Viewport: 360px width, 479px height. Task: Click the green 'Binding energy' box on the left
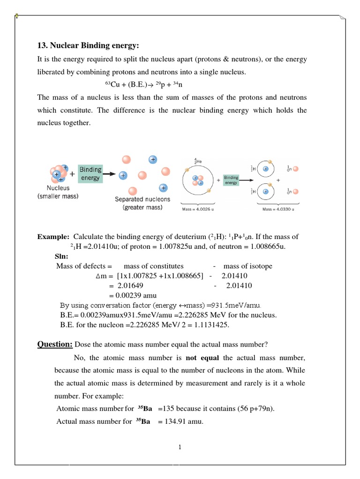(90, 174)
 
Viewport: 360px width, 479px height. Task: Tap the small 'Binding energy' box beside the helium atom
(231, 180)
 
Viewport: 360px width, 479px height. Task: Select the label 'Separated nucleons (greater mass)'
(142, 203)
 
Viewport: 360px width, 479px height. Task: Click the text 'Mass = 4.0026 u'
(198, 210)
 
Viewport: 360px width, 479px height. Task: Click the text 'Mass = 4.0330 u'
(278, 210)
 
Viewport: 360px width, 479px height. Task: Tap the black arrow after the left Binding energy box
(110, 174)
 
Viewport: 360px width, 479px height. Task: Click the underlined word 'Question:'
(55, 345)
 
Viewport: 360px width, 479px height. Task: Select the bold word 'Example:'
(53, 237)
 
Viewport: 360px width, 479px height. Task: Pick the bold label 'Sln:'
(61, 256)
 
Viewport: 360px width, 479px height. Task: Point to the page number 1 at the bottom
(180, 447)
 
